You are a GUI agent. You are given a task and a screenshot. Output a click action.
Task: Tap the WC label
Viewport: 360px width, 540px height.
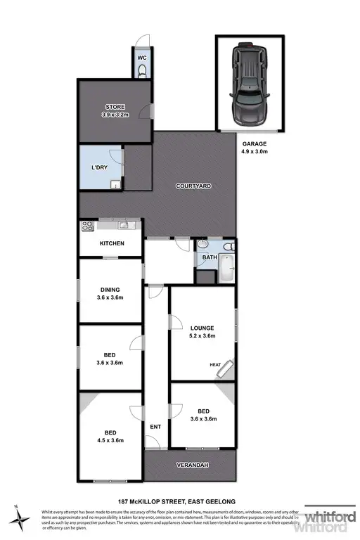[141, 57]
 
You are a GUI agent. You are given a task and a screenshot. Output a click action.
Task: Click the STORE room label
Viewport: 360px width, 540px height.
[115, 107]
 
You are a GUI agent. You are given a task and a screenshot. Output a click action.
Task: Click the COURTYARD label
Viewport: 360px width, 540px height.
[193, 186]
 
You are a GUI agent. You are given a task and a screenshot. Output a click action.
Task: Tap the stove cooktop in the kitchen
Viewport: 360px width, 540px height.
[89, 226]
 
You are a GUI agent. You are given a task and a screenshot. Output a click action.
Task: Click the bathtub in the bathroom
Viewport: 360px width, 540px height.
[226, 270]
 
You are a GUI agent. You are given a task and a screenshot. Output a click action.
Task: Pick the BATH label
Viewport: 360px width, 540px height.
[210, 257]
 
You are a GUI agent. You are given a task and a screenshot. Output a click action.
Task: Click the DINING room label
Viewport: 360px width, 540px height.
[110, 289]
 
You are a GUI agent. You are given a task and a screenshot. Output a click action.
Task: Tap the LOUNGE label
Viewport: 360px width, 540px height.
[202, 328]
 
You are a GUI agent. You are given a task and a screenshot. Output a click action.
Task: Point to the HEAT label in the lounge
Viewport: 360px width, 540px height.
[215, 364]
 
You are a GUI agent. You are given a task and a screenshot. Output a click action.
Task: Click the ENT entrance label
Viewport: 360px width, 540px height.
[156, 426]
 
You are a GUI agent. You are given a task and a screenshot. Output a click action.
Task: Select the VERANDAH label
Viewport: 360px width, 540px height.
[193, 465]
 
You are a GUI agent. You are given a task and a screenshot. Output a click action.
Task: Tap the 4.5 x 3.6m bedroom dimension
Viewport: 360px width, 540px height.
[110, 440]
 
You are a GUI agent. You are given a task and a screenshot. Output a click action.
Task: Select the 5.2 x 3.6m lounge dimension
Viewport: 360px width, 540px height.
[202, 336]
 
